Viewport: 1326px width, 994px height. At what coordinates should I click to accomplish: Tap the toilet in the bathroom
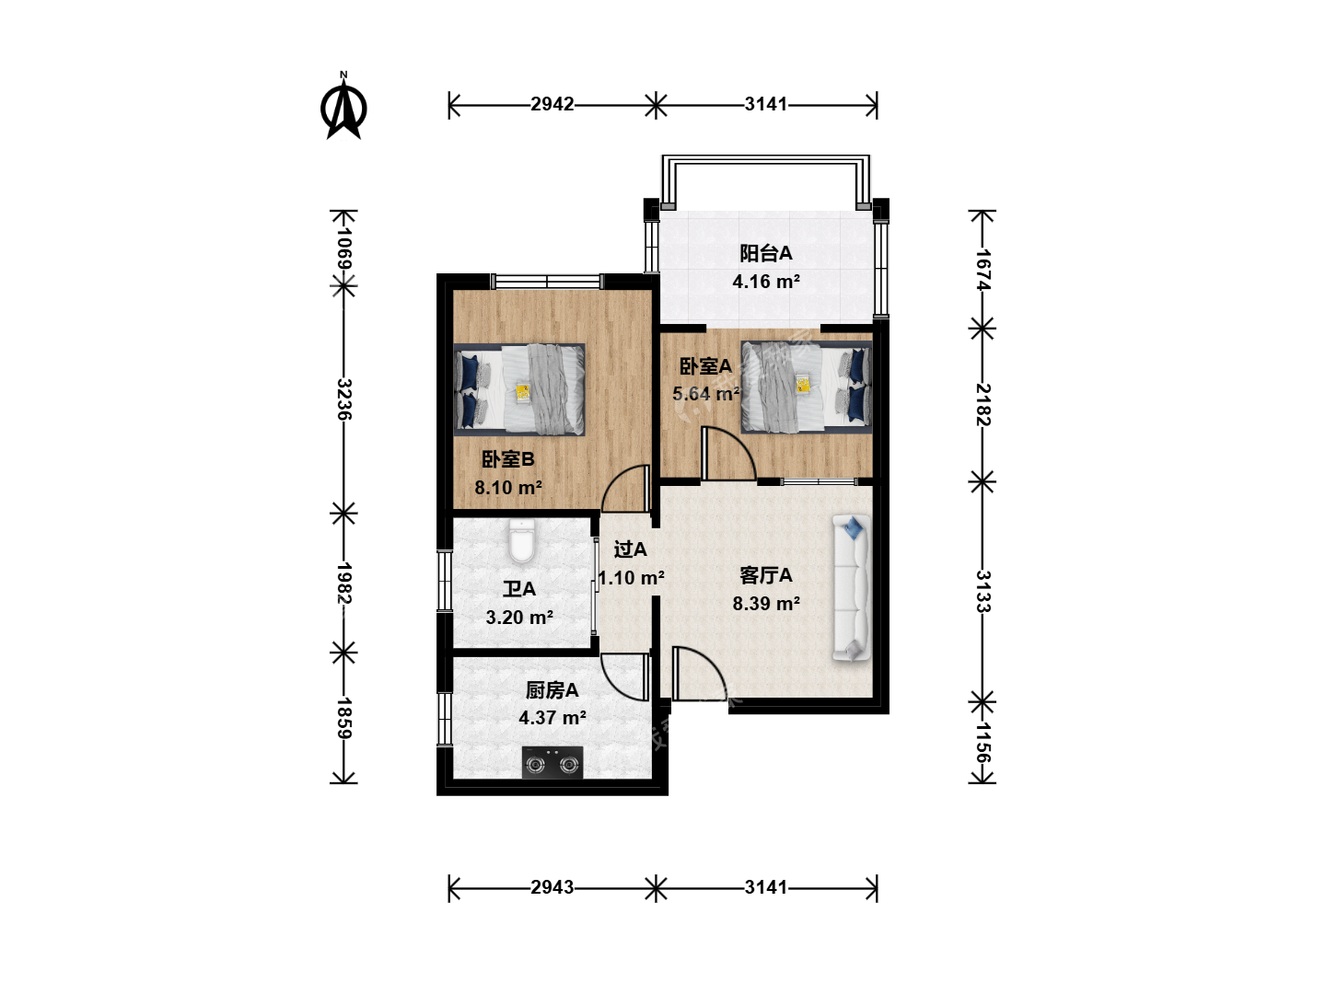pyautogui.click(x=521, y=540)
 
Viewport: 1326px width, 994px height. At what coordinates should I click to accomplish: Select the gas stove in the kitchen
pyautogui.click(x=552, y=762)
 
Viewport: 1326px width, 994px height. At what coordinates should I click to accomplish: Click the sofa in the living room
pyautogui.click(x=852, y=588)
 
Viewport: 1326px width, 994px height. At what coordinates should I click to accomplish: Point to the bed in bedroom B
pyautogui.click(x=519, y=388)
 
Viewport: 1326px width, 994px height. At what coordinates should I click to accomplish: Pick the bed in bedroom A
pyautogui.click(x=807, y=387)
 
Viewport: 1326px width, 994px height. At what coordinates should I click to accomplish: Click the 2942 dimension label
pyautogui.click(x=552, y=104)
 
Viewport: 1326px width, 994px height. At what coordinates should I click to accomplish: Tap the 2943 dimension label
pyautogui.click(x=552, y=887)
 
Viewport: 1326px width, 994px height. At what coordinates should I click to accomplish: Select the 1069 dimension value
pyautogui.click(x=344, y=248)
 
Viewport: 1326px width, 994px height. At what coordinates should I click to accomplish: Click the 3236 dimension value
pyautogui.click(x=344, y=399)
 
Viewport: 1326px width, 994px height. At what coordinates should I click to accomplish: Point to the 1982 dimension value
pyautogui.click(x=344, y=583)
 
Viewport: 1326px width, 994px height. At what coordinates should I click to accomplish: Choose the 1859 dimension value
pyautogui.click(x=344, y=718)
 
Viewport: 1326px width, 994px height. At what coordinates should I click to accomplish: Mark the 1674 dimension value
pyautogui.click(x=983, y=269)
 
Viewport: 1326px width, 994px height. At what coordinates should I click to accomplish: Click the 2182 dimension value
pyautogui.click(x=983, y=404)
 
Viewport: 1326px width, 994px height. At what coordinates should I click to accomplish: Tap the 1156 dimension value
pyautogui.click(x=983, y=743)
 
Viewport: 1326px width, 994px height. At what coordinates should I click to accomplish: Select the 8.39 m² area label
pyautogui.click(x=766, y=604)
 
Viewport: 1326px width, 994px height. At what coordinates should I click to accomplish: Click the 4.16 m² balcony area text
pyautogui.click(x=766, y=282)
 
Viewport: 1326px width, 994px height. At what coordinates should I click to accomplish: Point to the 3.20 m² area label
pyautogui.click(x=519, y=617)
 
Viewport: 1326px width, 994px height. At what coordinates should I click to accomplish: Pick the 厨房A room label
pyautogui.click(x=552, y=690)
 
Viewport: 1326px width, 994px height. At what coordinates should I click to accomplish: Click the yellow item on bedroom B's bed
pyautogui.click(x=523, y=392)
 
